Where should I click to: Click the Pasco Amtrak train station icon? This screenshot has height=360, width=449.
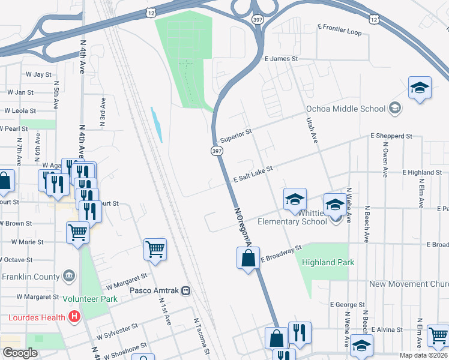pos(186,291)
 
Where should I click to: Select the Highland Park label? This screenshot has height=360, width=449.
pos(328,262)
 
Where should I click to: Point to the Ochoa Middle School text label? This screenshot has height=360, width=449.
pos(345,109)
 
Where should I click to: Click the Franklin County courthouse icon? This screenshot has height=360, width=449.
pos(70,276)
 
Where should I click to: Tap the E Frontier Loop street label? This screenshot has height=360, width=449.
pos(339,30)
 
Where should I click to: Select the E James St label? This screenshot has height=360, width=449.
pos(281,59)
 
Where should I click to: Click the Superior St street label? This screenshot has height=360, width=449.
pos(236,136)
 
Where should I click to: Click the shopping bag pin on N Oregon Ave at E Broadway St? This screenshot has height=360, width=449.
pos(248,258)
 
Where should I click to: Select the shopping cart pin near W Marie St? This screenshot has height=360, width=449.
pos(78,232)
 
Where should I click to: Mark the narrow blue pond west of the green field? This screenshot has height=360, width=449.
pos(157,125)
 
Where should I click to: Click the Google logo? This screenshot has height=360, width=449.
pos(20,353)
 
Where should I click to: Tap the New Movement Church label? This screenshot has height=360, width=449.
pos(408,284)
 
